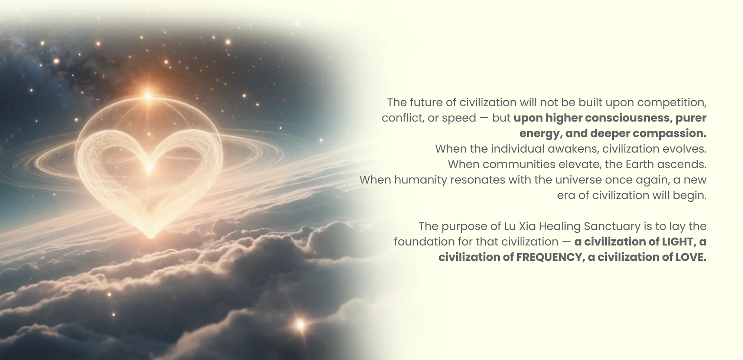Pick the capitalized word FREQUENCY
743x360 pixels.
[548, 257]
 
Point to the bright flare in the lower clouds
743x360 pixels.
[300, 325]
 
